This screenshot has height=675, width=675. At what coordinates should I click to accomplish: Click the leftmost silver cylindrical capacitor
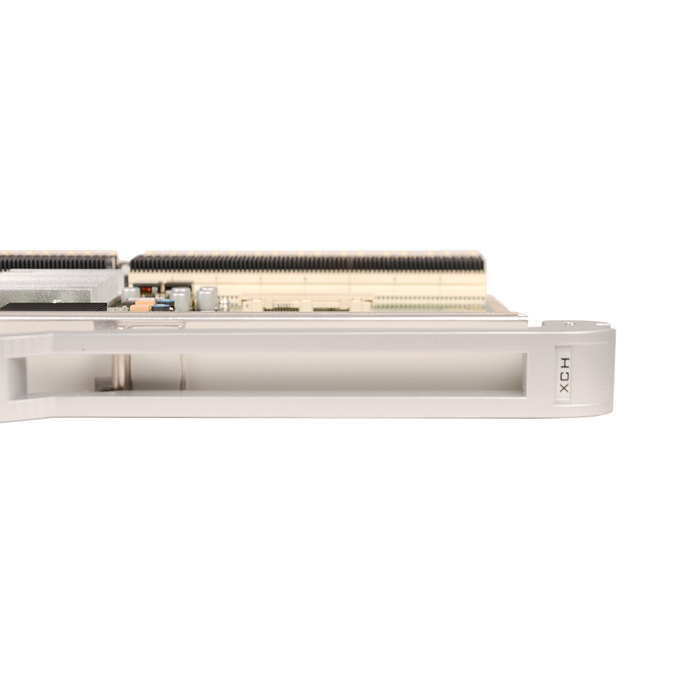[x=130, y=294]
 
